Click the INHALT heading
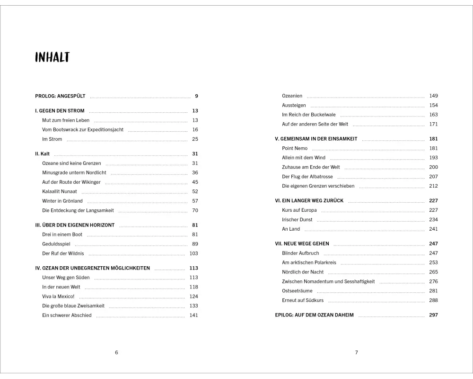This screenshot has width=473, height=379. click(x=52, y=58)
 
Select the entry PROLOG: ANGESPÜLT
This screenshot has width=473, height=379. click(x=60, y=96)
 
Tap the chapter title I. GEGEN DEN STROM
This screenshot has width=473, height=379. click(x=60, y=111)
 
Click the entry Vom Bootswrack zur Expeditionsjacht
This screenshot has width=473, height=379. click(x=83, y=130)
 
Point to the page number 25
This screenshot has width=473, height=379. click(x=195, y=139)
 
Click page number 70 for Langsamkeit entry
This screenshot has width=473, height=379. click(x=195, y=210)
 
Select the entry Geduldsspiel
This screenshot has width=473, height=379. click(x=55, y=244)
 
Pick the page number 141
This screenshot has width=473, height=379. click(x=193, y=316)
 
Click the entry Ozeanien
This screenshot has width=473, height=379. click(x=292, y=96)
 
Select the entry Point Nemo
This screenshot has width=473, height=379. click(x=295, y=148)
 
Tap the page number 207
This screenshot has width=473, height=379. click(x=433, y=177)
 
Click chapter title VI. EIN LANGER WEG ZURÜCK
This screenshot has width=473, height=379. click(x=309, y=200)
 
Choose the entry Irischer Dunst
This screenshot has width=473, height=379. click(x=297, y=220)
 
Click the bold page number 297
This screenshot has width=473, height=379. click(x=433, y=315)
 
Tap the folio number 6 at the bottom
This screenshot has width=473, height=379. click(x=116, y=352)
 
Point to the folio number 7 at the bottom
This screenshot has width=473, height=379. click(x=357, y=352)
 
